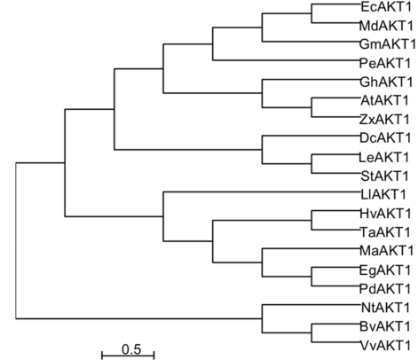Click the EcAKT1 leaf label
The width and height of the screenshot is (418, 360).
click(x=386, y=7)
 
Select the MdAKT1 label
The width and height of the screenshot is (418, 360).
click(x=386, y=26)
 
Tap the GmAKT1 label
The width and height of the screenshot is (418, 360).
click(x=388, y=44)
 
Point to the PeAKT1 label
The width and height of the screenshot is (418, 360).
click(x=385, y=63)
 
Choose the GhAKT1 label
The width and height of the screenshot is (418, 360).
click(x=386, y=82)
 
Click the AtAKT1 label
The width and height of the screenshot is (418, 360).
click(x=384, y=101)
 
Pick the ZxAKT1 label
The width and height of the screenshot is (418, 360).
click(x=384, y=120)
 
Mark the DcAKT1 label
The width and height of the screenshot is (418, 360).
click(x=385, y=138)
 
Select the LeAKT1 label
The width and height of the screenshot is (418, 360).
click(x=384, y=158)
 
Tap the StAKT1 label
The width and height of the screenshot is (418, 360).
click(x=384, y=176)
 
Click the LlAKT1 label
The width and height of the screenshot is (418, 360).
click(x=383, y=194)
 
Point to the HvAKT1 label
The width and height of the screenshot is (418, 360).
click(x=385, y=214)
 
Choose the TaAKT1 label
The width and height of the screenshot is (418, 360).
click(x=385, y=232)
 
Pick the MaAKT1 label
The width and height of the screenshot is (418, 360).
click(x=386, y=251)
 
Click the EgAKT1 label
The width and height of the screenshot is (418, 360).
click(x=385, y=270)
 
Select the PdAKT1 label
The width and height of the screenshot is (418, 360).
click(x=385, y=289)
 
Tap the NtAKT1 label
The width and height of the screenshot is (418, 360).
click(x=385, y=308)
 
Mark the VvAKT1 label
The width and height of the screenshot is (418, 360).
click(x=385, y=345)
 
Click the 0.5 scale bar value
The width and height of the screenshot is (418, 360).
click(x=131, y=349)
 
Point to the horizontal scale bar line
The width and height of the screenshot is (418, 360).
click(x=128, y=356)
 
